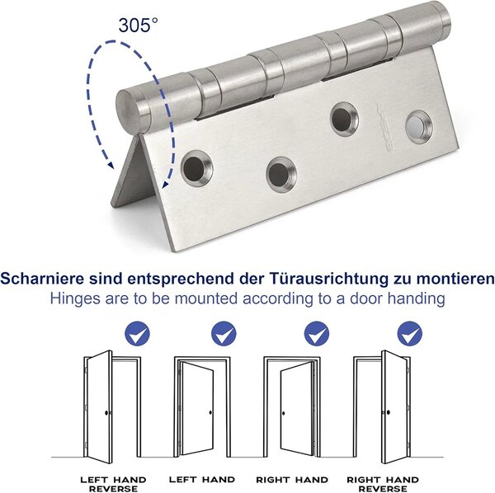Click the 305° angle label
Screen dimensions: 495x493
pos(138,26)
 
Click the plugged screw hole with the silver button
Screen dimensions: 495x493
pos(418,128)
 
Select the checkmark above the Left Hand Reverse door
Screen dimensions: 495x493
pos(138,333)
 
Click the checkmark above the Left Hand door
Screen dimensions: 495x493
pos(224,333)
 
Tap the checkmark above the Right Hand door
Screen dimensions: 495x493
pos(317,333)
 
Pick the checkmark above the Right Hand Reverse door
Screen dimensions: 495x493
pos(410,333)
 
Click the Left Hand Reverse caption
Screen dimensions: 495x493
pos(113,484)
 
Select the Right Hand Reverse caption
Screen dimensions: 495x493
pos(383,484)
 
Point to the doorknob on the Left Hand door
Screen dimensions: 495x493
pos(210,412)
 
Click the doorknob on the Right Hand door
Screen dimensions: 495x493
pos(283,413)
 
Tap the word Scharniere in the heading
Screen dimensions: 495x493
pos(43,279)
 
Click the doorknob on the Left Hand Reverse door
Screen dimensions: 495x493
pos(107,412)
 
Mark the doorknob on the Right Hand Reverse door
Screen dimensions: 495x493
pos(388,412)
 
